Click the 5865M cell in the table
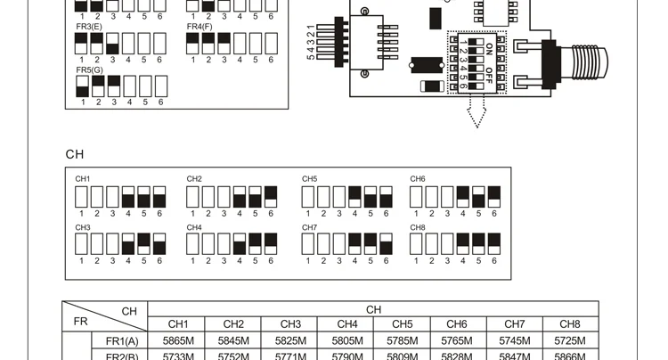pos(178,340)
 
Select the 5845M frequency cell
pos(233,340)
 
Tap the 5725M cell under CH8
pos(569,340)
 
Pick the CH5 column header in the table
pos(402,324)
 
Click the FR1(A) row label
pos(122,340)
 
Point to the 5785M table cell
pos(402,340)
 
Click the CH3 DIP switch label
pos(83,227)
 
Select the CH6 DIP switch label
pos(418,179)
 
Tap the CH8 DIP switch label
pos(418,227)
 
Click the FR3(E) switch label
pos(89,27)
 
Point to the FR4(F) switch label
pos(200,27)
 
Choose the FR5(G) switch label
pos(89,70)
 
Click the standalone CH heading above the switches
pos(74,154)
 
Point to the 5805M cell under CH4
pos(346,340)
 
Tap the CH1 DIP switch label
pos(83,179)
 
